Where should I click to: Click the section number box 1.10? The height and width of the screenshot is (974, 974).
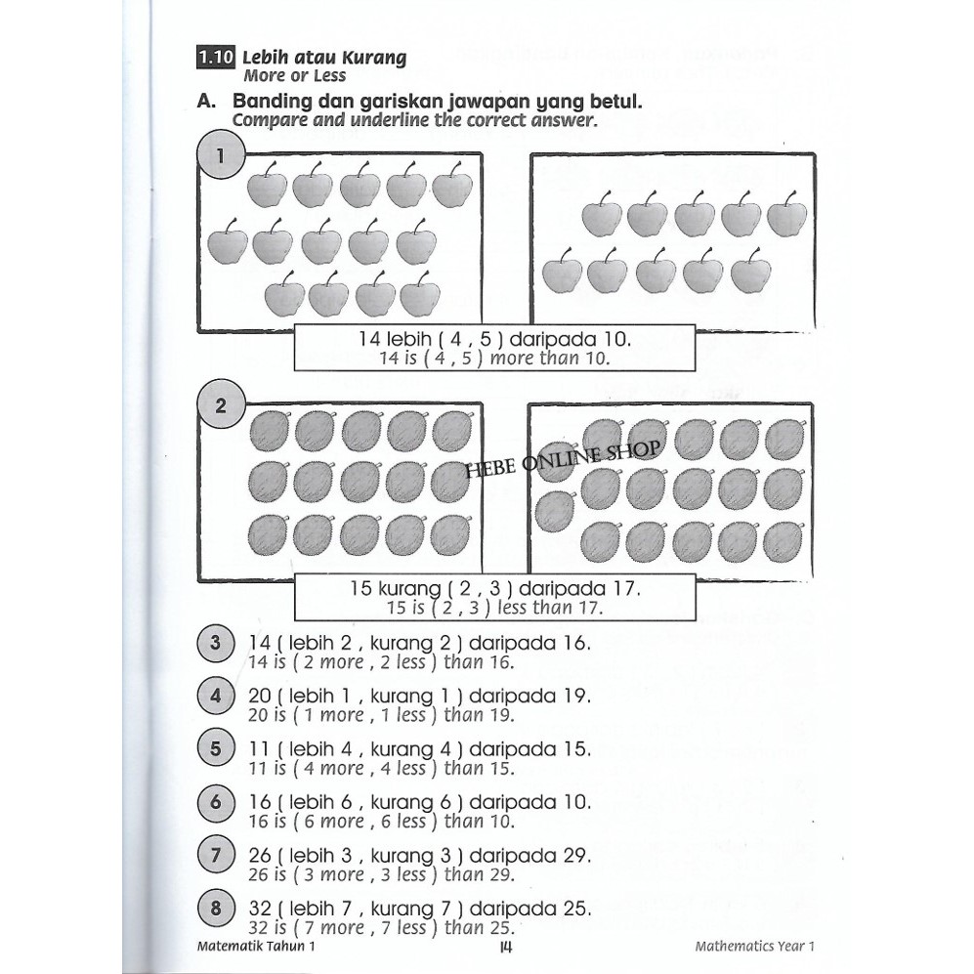tap(215, 58)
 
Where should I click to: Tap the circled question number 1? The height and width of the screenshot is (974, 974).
tap(221, 156)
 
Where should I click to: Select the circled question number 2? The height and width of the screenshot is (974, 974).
tap(221, 405)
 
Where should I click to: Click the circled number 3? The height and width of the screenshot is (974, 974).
tap(216, 644)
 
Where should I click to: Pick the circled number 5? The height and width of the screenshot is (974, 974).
tap(216, 750)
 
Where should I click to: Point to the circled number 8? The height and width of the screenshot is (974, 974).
tap(216, 910)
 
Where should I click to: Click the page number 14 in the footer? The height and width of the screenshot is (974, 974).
tap(505, 946)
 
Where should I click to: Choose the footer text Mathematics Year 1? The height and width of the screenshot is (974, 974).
tap(754, 947)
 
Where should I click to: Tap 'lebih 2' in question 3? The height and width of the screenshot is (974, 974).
tap(315, 644)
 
